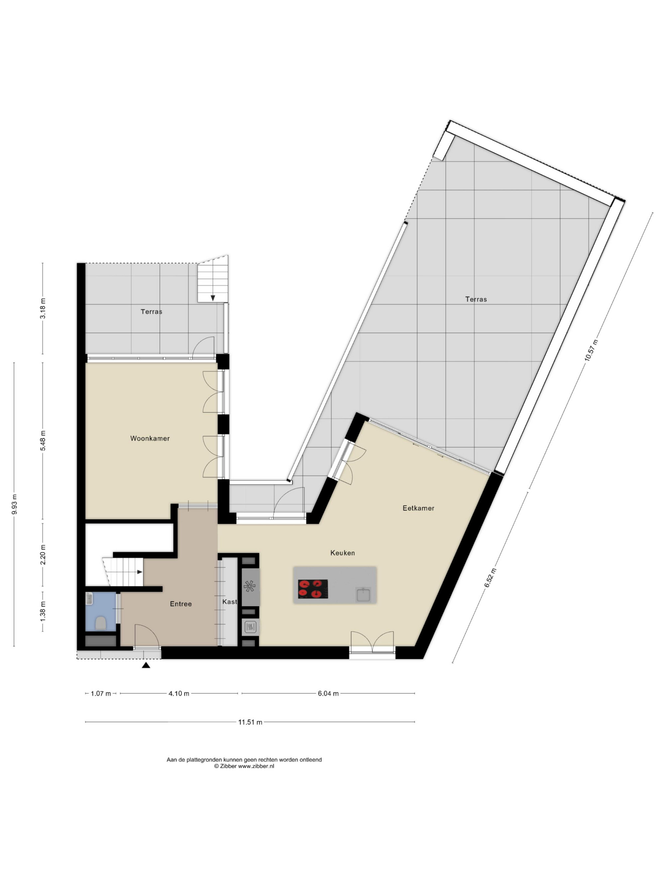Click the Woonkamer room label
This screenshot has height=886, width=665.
click(x=150, y=438)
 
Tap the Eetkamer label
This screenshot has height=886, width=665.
click(x=418, y=508)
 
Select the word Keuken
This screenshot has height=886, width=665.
click(x=342, y=553)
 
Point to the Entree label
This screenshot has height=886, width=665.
click(x=181, y=604)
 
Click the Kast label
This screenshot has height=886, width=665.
click(x=230, y=602)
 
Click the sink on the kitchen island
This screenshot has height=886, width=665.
click(x=363, y=594)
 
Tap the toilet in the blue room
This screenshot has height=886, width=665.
click(x=101, y=623)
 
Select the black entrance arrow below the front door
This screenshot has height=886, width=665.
click(x=146, y=665)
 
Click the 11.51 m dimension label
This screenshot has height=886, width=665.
click(x=250, y=722)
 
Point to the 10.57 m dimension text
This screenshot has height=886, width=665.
click(x=591, y=350)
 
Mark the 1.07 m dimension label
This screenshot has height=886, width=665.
click(x=101, y=693)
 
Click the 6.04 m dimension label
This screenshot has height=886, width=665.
click(x=328, y=693)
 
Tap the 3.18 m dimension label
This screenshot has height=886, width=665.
click(x=43, y=308)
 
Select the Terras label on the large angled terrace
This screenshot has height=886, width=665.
click(x=476, y=299)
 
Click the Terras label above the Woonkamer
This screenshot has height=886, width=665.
click(x=152, y=312)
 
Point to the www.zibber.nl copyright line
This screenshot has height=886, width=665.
click(x=244, y=766)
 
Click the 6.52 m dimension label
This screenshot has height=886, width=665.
click(x=490, y=578)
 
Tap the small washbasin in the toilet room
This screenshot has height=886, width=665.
click(x=89, y=598)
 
